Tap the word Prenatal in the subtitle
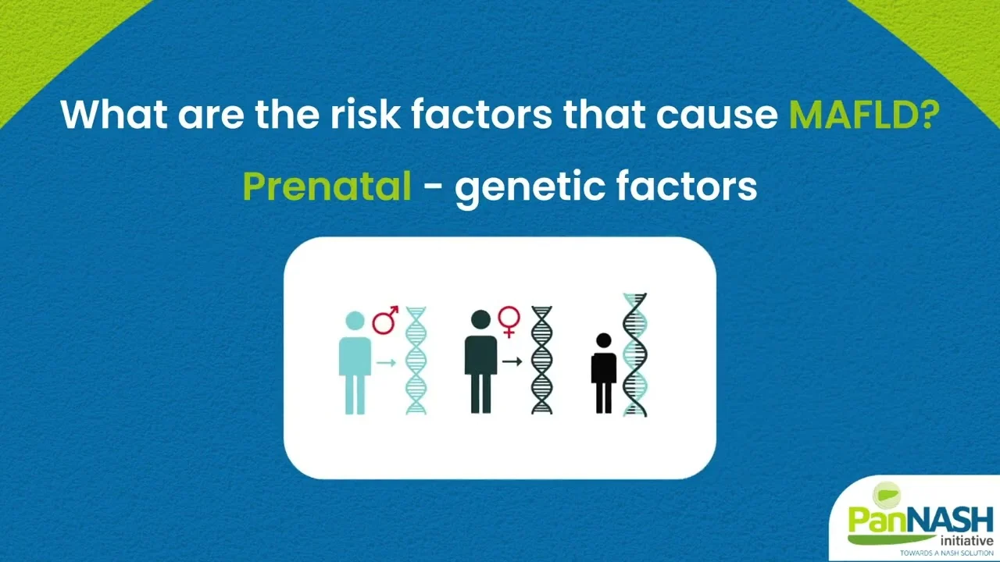[327, 186]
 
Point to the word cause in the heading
[717, 117]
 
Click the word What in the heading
[114, 114]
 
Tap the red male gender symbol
[385, 320]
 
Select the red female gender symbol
[509, 321]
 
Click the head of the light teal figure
[355, 320]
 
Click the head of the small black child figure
[604, 340]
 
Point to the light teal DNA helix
[416, 361]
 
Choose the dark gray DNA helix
[541, 360]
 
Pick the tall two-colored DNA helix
[635, 354]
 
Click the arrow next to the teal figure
[386, 363]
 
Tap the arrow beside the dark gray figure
[512, 361]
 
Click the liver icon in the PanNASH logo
[887, 495]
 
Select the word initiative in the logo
[966, 541]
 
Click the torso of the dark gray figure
[480, 355]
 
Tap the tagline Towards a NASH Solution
[946, 553]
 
